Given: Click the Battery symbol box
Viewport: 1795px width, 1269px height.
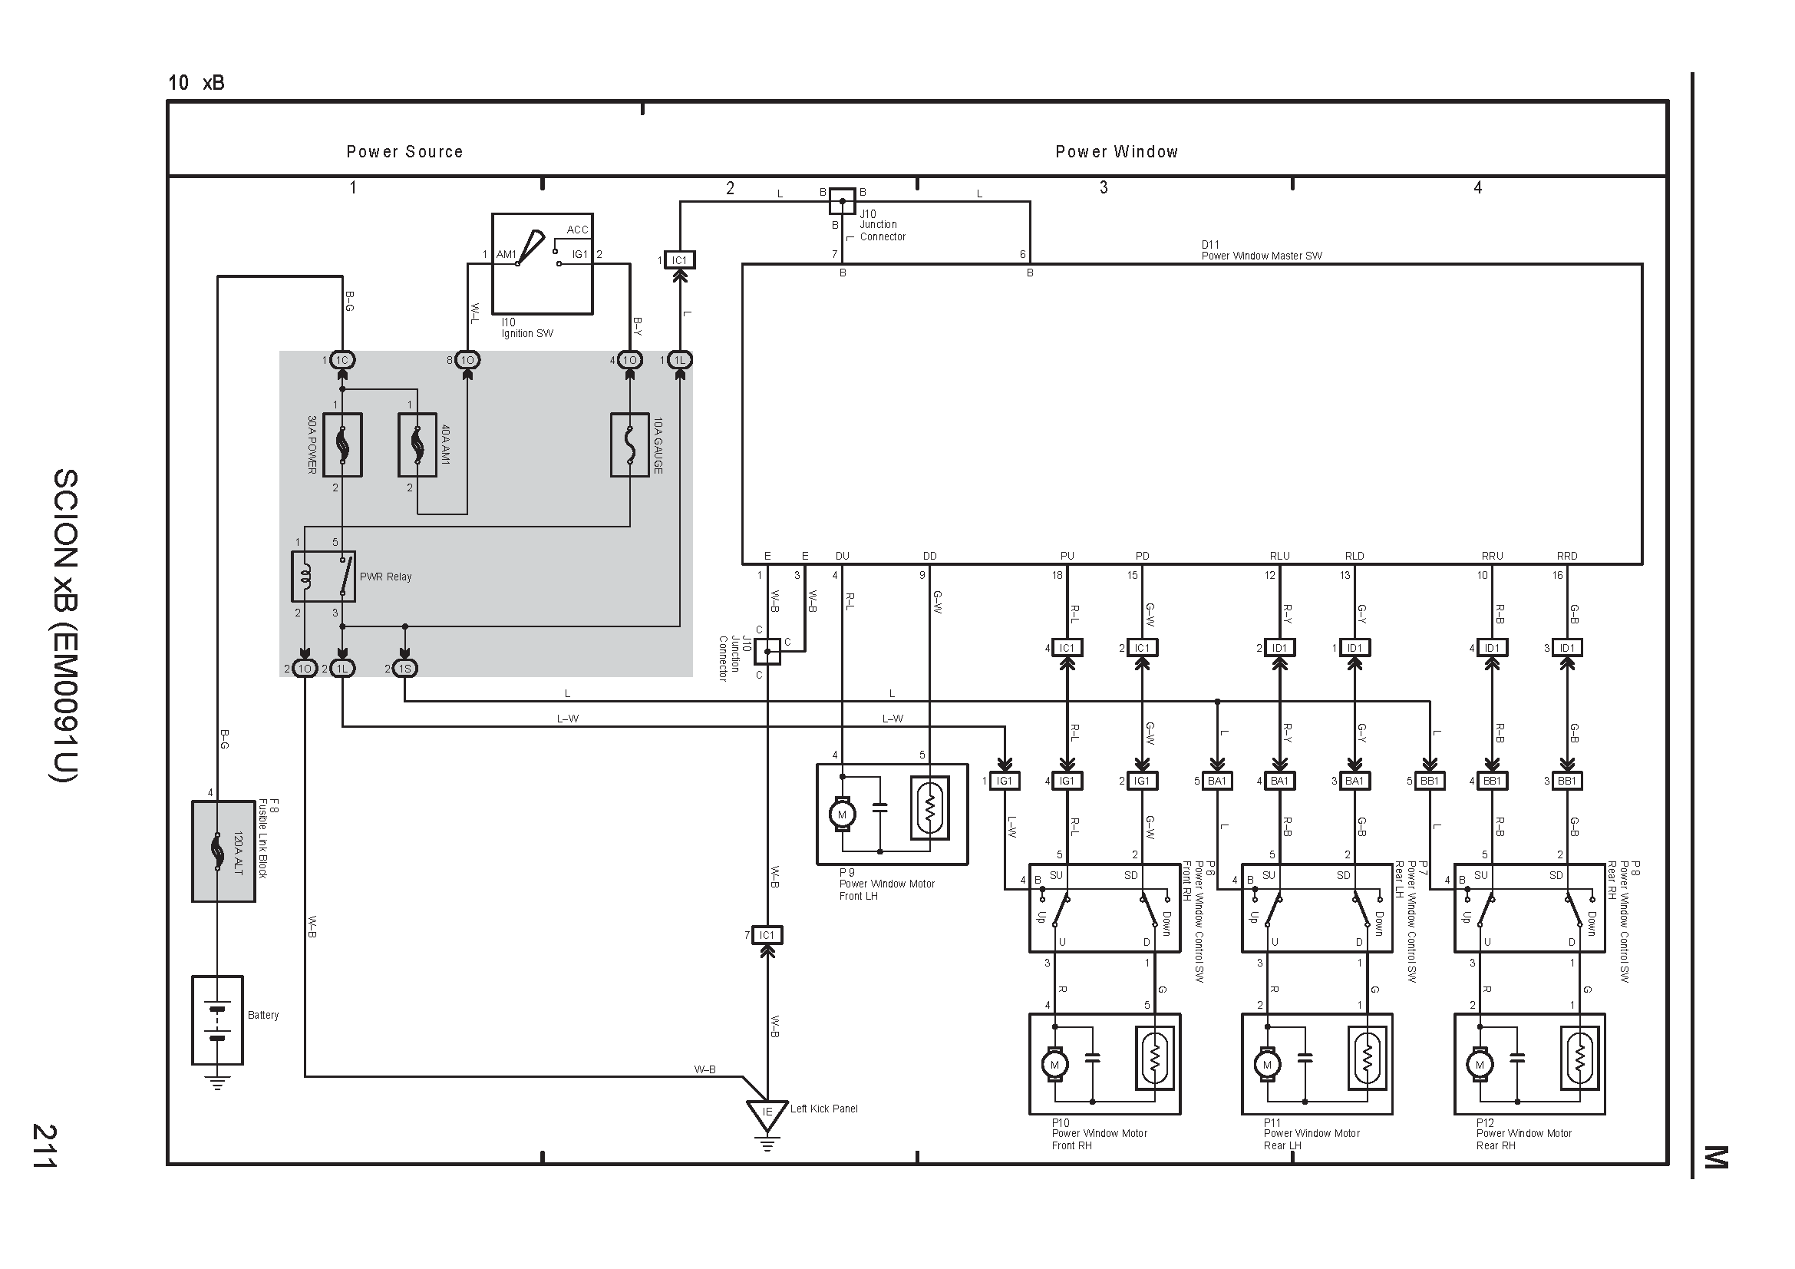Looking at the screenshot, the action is tap(217, 1020).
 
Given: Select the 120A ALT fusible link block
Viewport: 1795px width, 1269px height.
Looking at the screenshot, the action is tap(223, 851).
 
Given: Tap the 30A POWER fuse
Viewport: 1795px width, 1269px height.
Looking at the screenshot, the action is tap(342, 445).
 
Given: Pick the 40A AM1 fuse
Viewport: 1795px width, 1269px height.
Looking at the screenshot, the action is tap(417, 445).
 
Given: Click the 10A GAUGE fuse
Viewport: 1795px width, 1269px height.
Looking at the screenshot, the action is tap(630, 445).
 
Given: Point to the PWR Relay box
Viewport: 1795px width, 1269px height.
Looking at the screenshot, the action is tap(324, 577).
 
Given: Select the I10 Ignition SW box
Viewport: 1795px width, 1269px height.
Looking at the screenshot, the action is tap(543, 264).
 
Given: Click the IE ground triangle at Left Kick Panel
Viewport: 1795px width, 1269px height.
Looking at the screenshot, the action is tap(767, 1114).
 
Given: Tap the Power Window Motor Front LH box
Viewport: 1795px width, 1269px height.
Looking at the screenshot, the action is tap(893, 814).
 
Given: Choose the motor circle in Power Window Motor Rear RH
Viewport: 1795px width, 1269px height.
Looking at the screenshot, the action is tap(1479, 1065).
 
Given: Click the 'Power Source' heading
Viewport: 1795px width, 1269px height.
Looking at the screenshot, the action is tap(405, 152).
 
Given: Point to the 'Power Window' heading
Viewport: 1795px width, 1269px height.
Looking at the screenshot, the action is tap(1117, 152).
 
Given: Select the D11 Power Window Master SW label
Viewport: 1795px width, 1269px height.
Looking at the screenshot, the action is tap(1262, 250).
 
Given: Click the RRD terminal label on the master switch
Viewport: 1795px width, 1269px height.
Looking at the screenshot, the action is tap(1567, 556).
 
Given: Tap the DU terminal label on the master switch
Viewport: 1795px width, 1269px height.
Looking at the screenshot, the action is tap(842, 556).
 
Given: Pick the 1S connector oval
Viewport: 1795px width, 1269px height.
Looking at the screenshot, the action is tap(405, 669).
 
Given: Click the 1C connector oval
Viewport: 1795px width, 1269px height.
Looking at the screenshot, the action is tap(342, 361).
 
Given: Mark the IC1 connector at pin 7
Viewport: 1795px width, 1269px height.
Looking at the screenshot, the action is tap(767, 935).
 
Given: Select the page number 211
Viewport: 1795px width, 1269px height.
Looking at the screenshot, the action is tap(44, 1145).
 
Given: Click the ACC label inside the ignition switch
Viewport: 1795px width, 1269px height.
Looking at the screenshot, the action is tap(578, 229).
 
